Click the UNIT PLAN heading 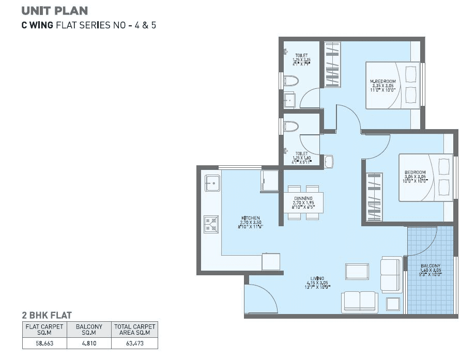(x=54, y=10)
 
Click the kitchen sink (x=212, y=183)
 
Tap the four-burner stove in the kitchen (x=211, y=223)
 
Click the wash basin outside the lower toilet (x=329, y=161)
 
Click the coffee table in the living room (x=357, y=271)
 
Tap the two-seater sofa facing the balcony (x=391, y=274)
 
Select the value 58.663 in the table (x=44, y=342)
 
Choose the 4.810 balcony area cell (x=89, y=342)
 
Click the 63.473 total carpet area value (x=134, y=342)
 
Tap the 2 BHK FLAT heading (x=47, y=315)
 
